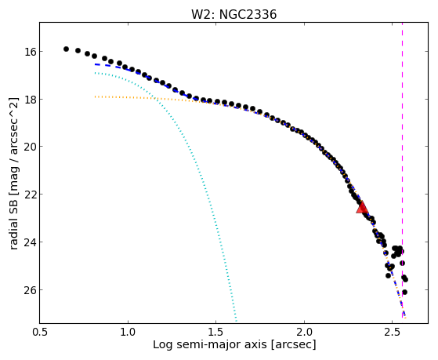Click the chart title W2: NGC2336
point(233,14)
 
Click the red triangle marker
point(362,208)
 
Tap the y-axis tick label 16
point(30,52)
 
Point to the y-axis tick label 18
point(30,100)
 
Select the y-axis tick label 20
point(30,147)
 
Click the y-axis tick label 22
point(30,195)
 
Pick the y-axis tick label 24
point(30,242)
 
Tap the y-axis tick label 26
point(30,289)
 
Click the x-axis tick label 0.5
point(40,333)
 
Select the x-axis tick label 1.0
point(128,333)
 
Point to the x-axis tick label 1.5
point(216,333)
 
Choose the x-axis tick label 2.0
point(304,333)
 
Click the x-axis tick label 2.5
point(393,333)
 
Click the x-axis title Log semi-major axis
point(210,345)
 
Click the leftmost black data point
point(66,49)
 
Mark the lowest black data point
point(404,292)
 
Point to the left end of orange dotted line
point(96,96)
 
